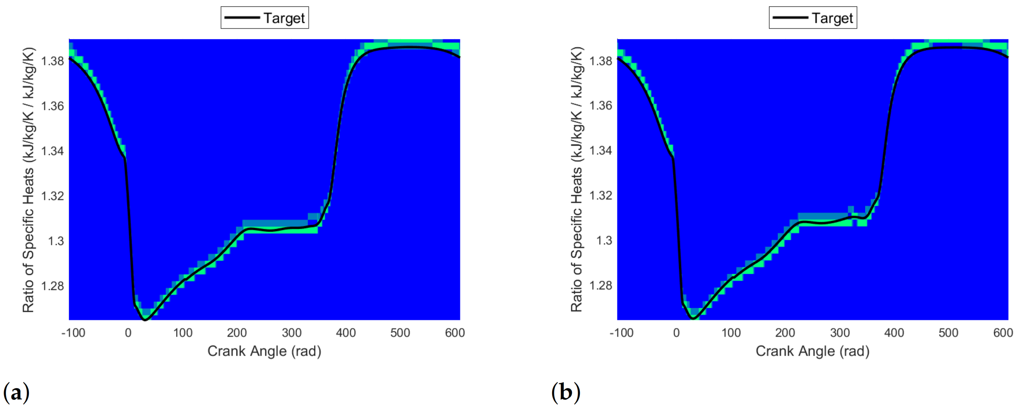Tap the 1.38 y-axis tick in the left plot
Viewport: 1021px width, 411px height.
52,61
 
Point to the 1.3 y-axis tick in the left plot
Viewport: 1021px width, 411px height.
56,241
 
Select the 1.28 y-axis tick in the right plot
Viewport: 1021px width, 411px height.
600,285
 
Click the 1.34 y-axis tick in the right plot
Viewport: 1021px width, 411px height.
600,151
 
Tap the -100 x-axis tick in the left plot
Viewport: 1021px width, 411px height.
73,333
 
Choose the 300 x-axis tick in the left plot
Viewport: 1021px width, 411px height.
291,333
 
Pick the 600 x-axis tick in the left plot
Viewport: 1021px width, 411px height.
455,333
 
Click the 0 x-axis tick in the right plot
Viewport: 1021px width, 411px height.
676,333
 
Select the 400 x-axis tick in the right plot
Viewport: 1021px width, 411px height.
894,333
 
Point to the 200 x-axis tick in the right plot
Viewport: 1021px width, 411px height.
785,333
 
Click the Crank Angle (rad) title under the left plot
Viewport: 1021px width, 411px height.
264,351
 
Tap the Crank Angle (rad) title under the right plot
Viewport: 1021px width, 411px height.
813,351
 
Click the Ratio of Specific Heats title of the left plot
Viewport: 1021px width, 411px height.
28,180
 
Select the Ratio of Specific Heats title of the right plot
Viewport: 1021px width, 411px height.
577,180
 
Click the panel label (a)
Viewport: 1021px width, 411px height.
16,392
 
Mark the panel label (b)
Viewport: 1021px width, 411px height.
566,392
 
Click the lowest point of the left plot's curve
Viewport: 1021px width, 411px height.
145,319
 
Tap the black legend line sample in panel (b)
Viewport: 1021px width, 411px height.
790,18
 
